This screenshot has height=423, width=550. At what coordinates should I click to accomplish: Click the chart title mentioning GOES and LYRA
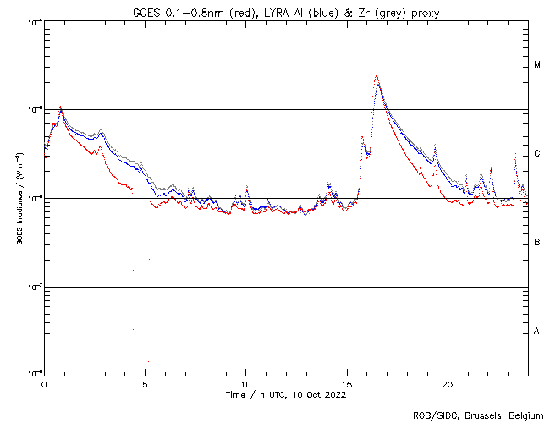click(x=286, y=12)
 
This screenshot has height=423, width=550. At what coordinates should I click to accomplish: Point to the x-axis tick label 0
click(x=44, y=383)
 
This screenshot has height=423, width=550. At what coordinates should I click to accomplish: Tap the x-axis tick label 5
click(x=145, y=383)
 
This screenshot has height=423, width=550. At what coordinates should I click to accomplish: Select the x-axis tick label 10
click(x=245, y=383)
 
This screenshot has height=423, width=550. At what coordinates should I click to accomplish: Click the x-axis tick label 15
click(x=346, y=383)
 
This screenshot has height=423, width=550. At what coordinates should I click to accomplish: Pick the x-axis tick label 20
click(x=447, y=383)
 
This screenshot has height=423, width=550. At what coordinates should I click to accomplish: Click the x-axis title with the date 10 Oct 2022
click(x=286, y=394)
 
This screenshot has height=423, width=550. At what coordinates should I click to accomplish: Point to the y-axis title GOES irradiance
click(x=19, y=199)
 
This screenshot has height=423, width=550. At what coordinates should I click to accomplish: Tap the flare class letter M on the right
click(x=536, y=65)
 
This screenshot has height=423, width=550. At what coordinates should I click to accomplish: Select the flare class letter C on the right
click(x=536, y=154)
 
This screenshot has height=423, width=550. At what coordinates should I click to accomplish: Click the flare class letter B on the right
click(x=536, y=243)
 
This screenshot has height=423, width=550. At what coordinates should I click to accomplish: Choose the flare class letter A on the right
click(x=536, y=332)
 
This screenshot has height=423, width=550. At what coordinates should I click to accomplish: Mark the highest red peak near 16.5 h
click(x=377, y=76)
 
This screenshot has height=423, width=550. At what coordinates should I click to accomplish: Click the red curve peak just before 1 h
click(x=60, y=107)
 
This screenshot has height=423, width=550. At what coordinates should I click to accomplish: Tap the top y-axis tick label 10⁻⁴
click(x=34, y=21)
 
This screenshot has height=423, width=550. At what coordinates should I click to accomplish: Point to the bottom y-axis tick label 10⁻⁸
click(x=34, y=373)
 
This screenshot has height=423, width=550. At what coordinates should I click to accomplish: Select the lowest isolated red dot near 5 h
click(x=148, y=361)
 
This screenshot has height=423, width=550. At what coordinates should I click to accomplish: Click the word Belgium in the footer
click(x=524, y=415)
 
